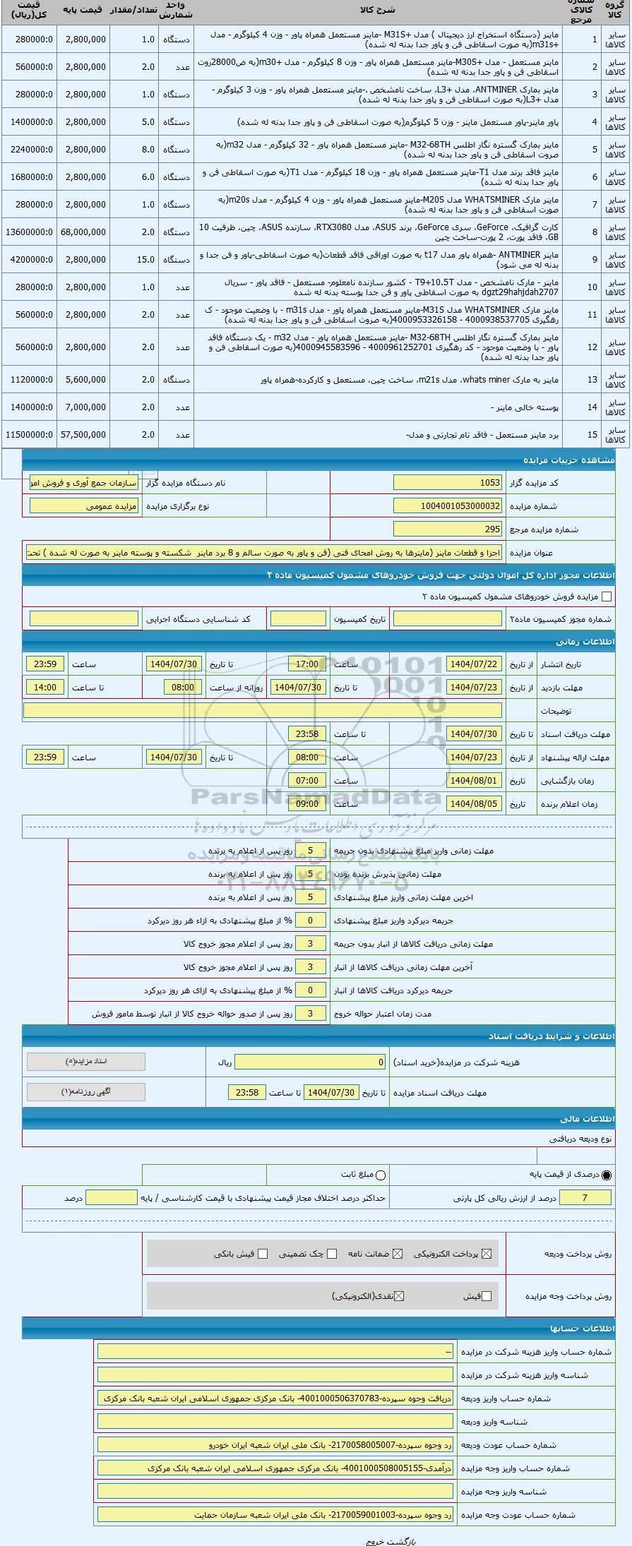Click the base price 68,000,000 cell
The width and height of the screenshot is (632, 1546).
[x=83, y=232]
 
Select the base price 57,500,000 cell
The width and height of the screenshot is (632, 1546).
[x=83, y=434]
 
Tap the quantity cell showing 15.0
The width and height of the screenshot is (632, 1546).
[x=134, y=259]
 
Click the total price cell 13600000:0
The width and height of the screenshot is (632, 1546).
[x=29, y=232]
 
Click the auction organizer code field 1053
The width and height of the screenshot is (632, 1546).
[x=448, y=482]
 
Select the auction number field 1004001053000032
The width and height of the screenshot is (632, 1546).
[x=448, y=506]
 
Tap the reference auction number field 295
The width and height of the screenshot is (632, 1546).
[x=448, y=529]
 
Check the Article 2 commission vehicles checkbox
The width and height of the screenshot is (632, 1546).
[x=606, y=597]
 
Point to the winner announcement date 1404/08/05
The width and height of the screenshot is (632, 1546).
[x=474, y=803]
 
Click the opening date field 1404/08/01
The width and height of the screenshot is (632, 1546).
[x=474, y=781]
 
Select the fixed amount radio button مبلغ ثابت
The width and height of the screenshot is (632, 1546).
[x=381, y=1175]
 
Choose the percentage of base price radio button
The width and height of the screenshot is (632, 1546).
[x=607, y=1175]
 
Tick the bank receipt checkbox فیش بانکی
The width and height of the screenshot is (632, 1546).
[x=263, y=1254]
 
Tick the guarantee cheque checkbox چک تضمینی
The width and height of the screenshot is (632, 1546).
[x=332, y=1254]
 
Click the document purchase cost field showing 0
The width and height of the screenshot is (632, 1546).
[x=311, y=1062]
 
